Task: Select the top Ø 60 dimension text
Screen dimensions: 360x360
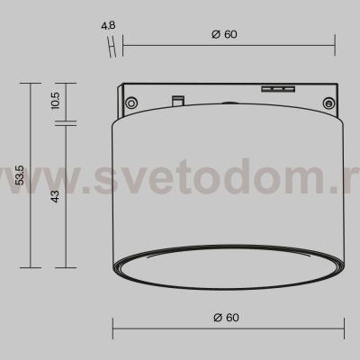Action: tap(224, 34)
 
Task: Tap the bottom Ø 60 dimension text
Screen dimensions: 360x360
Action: tap(224, 317)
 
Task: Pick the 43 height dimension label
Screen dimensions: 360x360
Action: tap(56, 196)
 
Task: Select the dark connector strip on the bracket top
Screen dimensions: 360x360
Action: tap(277, 89)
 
